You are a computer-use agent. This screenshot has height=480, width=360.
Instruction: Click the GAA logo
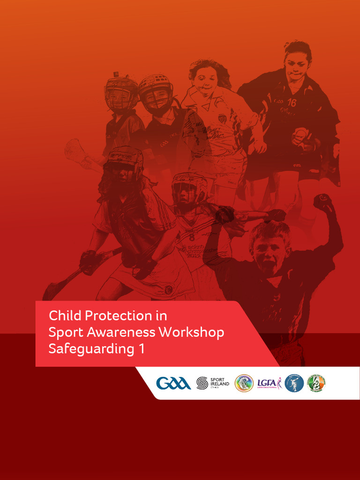[173, 383]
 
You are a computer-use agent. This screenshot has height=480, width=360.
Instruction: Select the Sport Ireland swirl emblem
[202, 383]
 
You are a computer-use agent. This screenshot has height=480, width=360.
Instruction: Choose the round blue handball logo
[294, 383]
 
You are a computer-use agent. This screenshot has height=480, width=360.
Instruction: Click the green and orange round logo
[316, 383]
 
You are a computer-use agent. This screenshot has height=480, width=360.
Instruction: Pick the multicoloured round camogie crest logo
[244, 383]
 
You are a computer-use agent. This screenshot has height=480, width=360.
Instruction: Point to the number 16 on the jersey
[292, 103]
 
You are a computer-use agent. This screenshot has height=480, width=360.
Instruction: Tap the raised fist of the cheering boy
[322, 202]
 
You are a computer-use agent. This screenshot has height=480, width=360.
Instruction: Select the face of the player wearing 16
[296, 67]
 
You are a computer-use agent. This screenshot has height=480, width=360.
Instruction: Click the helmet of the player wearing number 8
[189, 186]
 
